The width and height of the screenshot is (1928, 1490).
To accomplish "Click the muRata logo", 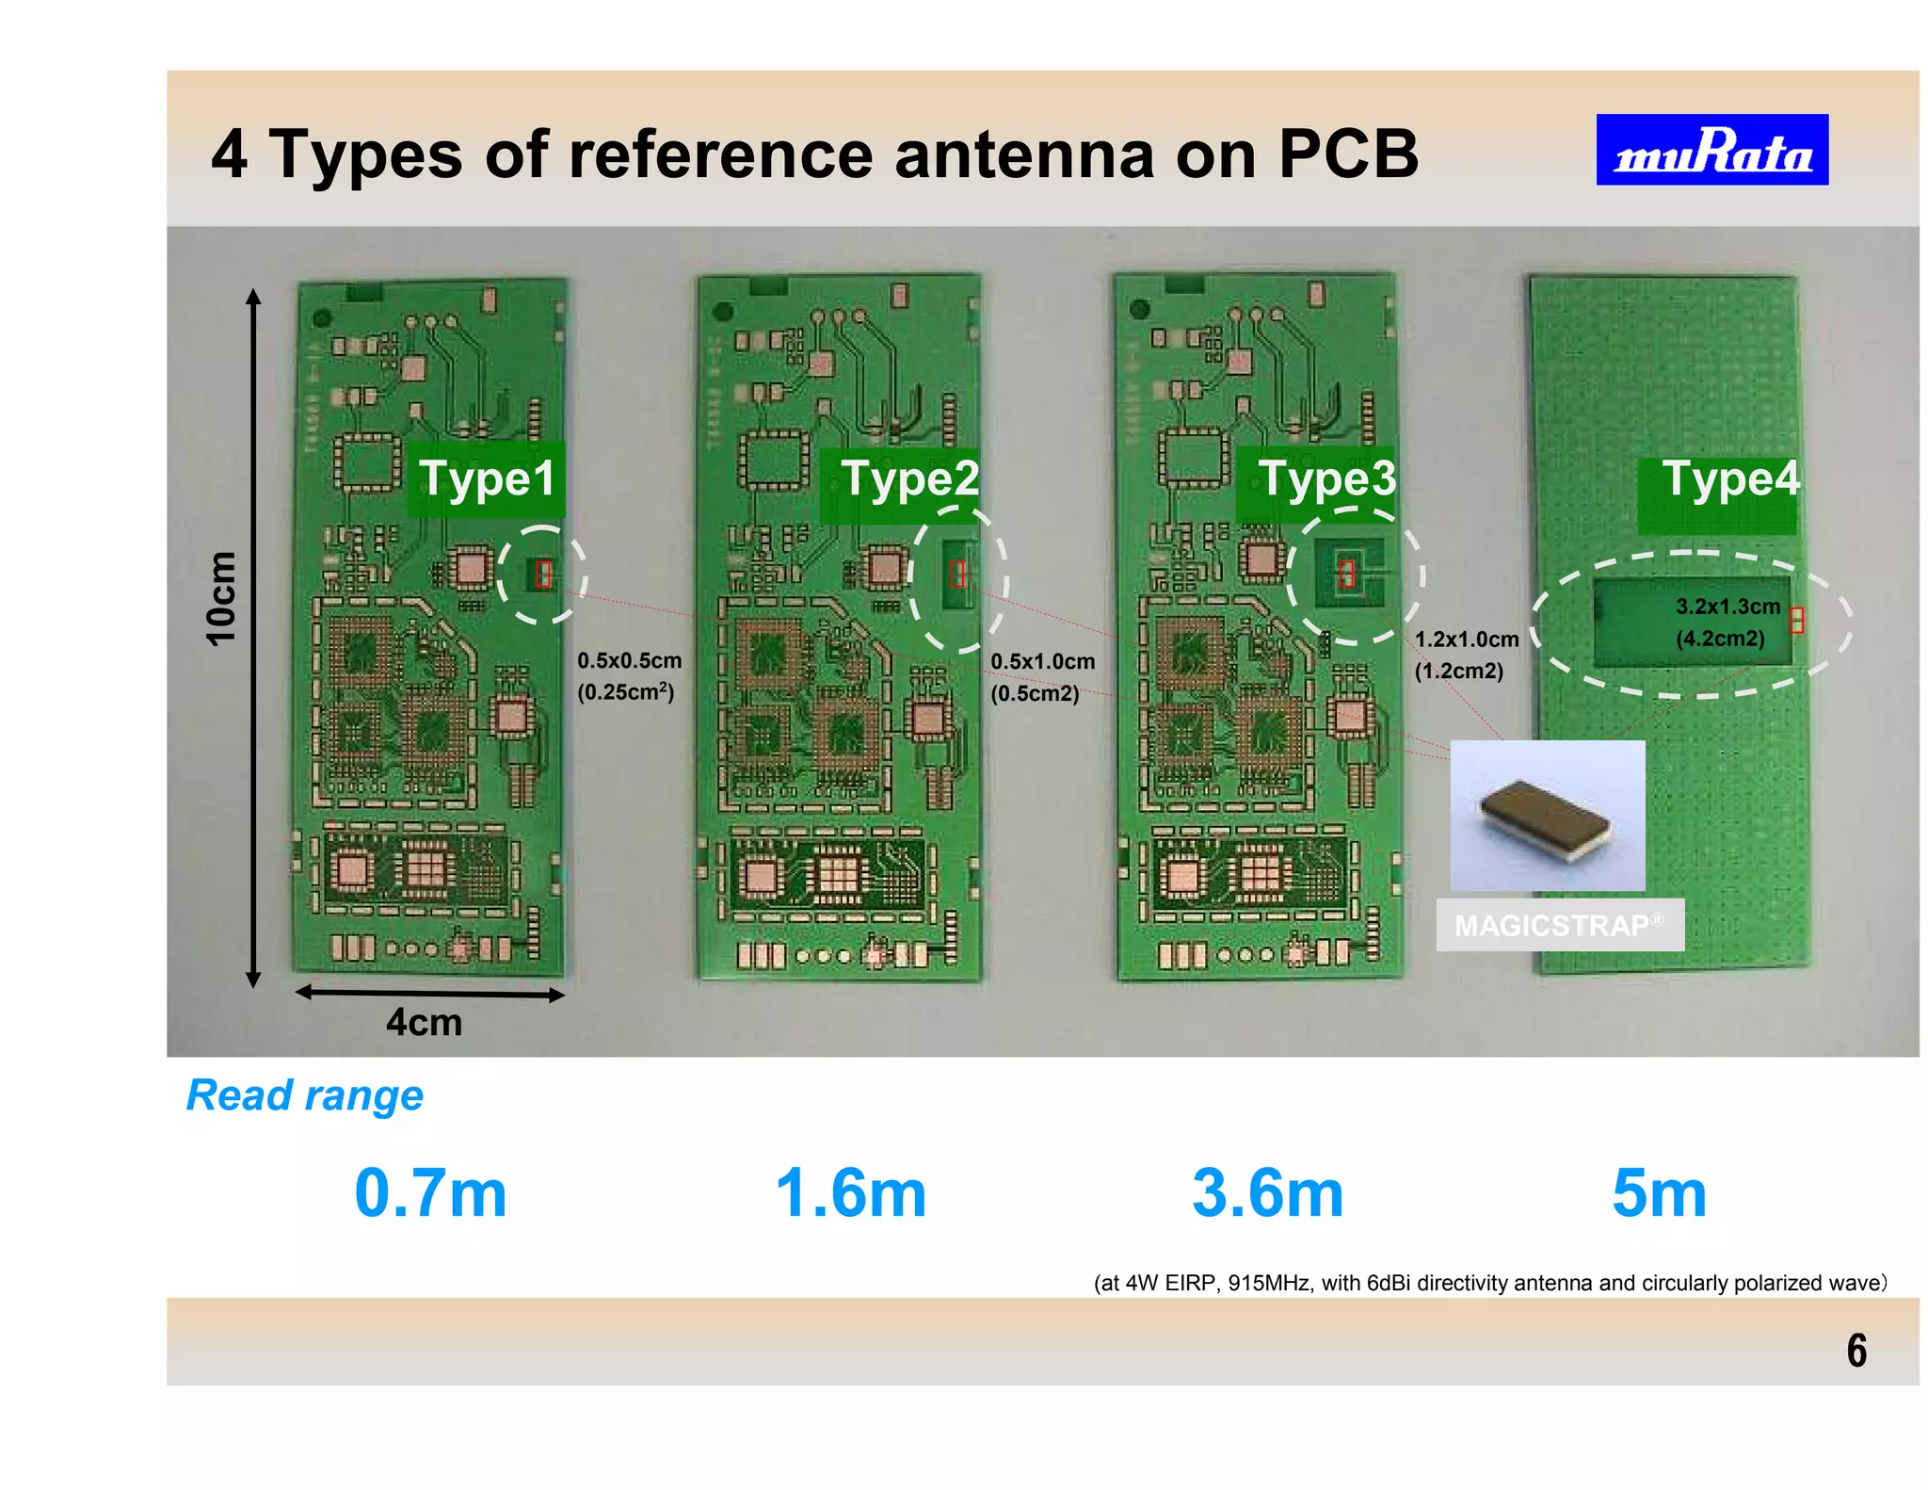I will point(1711,150).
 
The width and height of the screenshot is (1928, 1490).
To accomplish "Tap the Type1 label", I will point(487,478).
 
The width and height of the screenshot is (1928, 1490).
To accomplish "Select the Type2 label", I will point(909,478).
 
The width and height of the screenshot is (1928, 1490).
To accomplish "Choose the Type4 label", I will point(1730,478).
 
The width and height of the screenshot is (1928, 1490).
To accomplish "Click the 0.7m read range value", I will point(430,1193).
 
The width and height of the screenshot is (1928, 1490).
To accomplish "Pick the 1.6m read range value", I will point(851,1193).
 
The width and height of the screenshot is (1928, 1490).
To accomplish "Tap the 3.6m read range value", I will point(1267,1193).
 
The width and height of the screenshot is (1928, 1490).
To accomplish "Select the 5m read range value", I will point(1659,1193).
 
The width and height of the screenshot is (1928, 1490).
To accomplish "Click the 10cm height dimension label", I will point(221,599).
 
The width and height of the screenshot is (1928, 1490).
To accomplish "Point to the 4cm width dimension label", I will point(424,1023).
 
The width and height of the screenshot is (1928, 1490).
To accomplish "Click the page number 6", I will point(1856,1351).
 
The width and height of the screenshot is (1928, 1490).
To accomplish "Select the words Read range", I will point(305,1095).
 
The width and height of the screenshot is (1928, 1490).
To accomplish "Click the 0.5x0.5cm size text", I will point(629,661).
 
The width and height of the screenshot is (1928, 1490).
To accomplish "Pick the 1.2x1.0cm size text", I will point(1467,640).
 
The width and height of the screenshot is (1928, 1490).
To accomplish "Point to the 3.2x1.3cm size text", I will point(1727,607).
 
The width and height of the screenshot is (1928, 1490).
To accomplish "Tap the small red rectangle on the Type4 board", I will point(1796,620).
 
